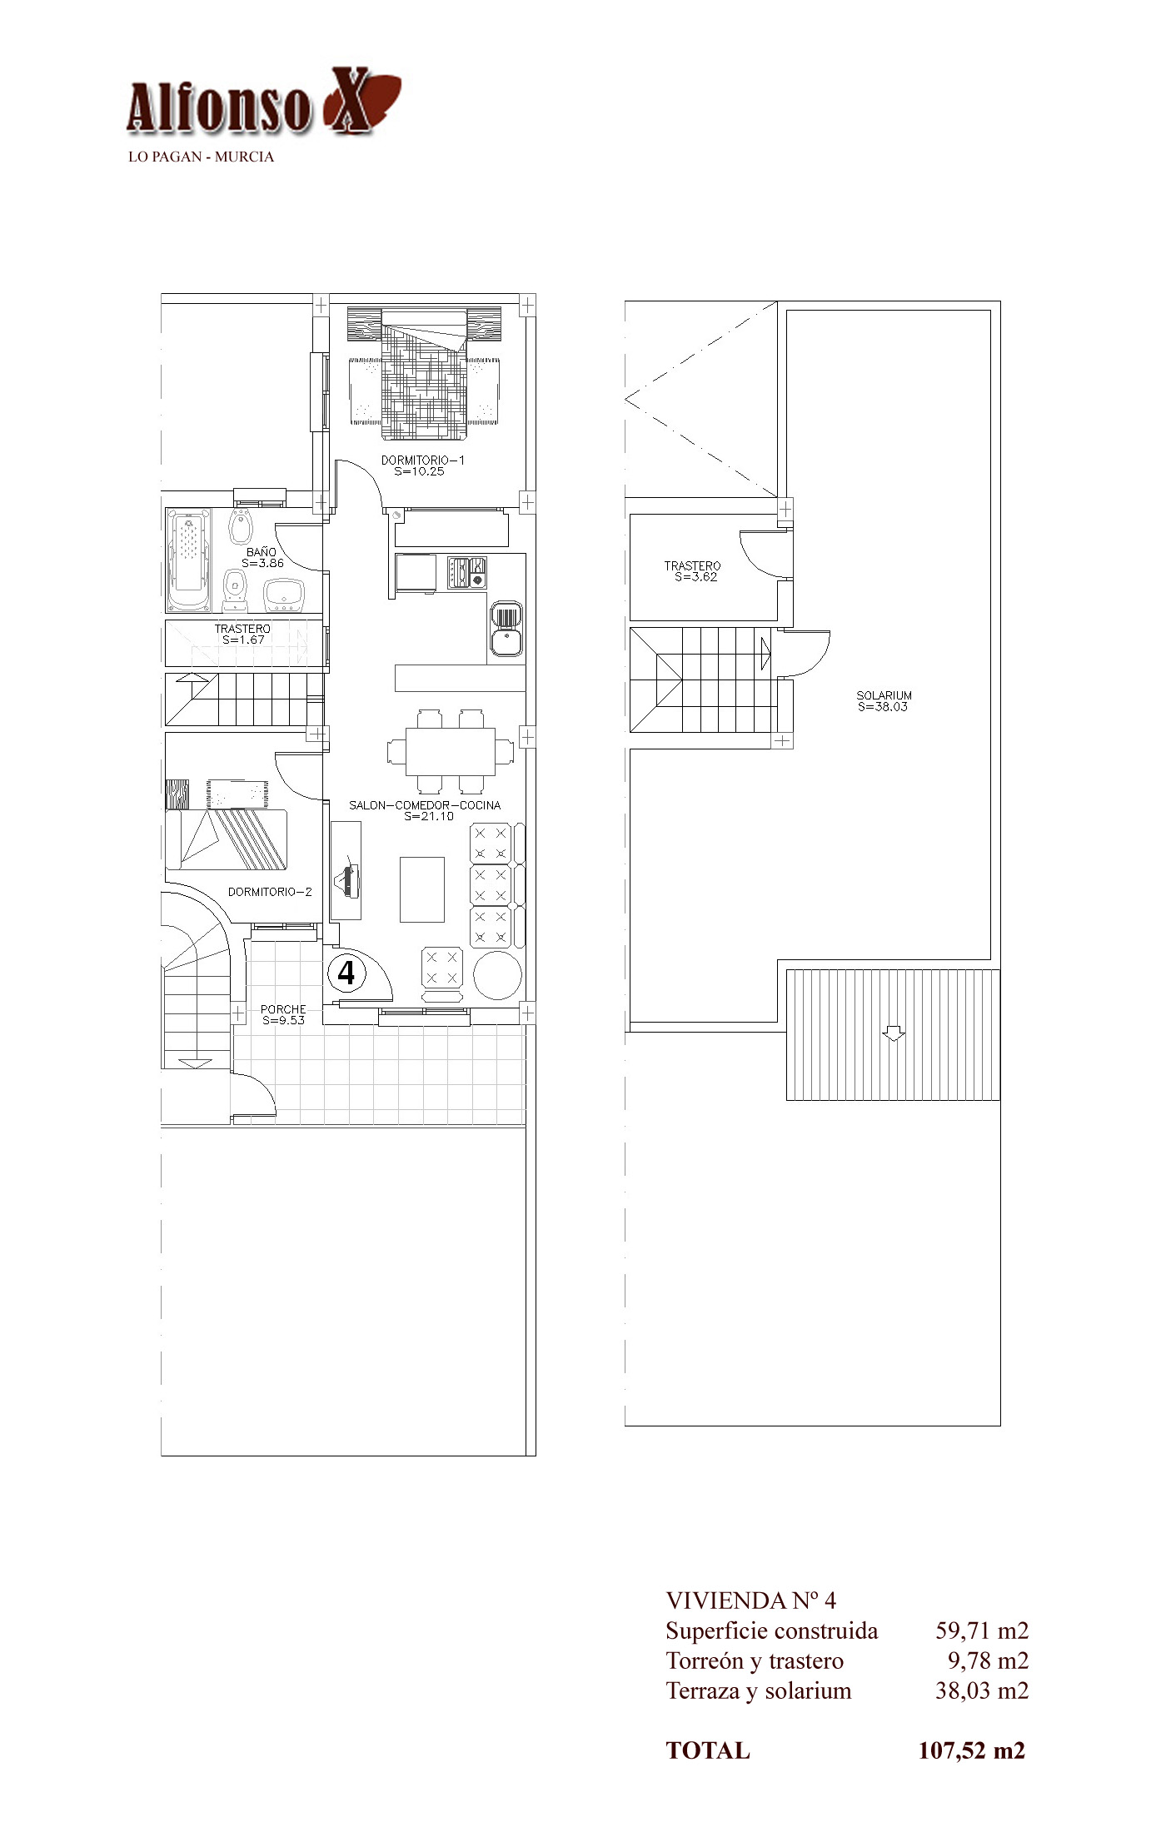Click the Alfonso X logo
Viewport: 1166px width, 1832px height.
pyautogui.click(x=263, y=102)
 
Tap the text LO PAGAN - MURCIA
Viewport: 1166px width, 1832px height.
pyautogui.click(x=201, y=157)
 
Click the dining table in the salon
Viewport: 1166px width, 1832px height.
pyautogui.click(x=450, y=752)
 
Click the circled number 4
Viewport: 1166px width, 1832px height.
pyautogui.click(x=346, y=973)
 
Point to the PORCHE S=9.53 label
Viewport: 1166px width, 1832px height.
pyautogui.click(x=283, y=1014)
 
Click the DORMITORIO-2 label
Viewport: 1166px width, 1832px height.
pyautogui.click(x=270, y=892)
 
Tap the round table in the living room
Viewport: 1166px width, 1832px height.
pyautogui.click(x=497, y=973)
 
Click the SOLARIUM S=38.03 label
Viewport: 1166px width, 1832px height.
pyautogui.click(x=884, y=701)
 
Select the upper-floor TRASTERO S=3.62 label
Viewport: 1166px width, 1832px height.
pyautogui.click(x=693, y=571)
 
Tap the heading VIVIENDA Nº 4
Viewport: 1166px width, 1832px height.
pyautogui.click(x=750, y=1600)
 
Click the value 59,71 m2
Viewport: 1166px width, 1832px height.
pyautogui.click(x=982, y=1630)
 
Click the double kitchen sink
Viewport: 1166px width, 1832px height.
pyautogui.click(x=506, y=629)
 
